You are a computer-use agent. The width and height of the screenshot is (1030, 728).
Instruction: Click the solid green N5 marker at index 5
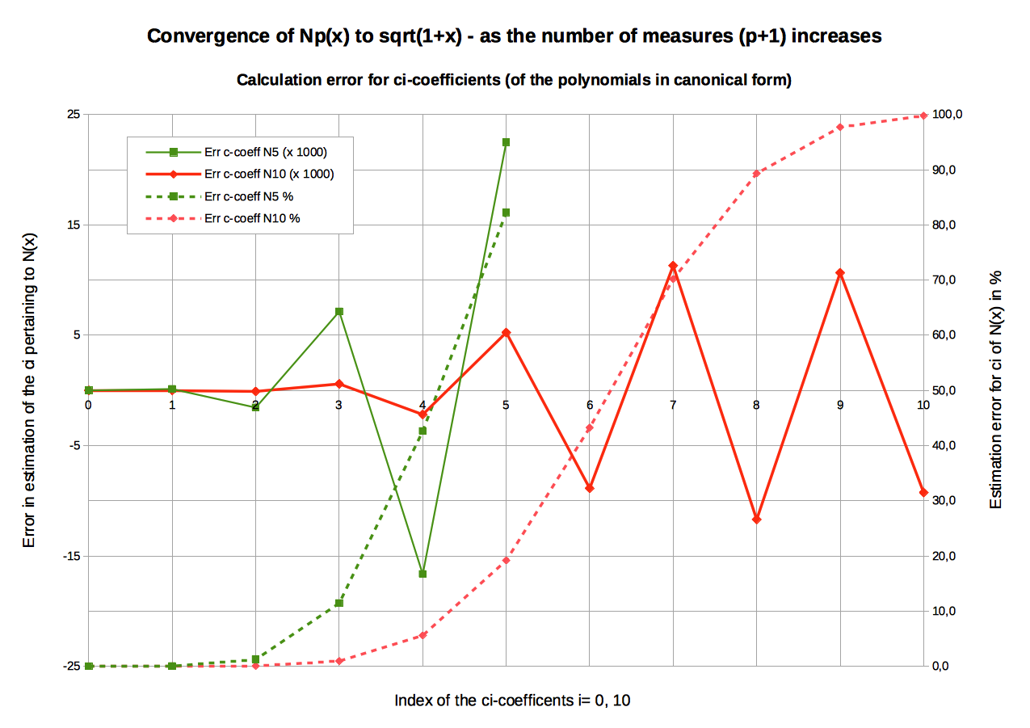click(x=506, y=142)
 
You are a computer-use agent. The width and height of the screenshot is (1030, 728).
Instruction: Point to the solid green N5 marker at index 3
click(x=339, y=312)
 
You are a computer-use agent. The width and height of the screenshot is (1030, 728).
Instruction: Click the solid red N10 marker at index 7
click(x=673, y=266)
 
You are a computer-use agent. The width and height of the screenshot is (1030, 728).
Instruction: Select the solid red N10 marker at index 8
click(x=756, y=520)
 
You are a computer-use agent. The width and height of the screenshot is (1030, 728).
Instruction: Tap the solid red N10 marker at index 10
click(x=923, y=493)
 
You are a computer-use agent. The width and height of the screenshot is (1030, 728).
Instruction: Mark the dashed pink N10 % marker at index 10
click(x=923, y=116)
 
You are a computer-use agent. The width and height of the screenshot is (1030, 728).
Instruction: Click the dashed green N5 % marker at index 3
click(x=339, y=604)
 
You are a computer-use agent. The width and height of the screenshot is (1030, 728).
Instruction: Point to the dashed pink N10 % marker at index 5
click(x=506, y=561)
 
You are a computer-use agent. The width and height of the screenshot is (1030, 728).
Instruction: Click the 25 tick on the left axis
click(x=74, y=114)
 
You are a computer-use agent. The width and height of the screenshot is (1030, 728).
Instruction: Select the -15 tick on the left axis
click(x=71, y=556)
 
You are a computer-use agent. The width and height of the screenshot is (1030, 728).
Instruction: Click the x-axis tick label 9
click(x=840, y=405)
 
